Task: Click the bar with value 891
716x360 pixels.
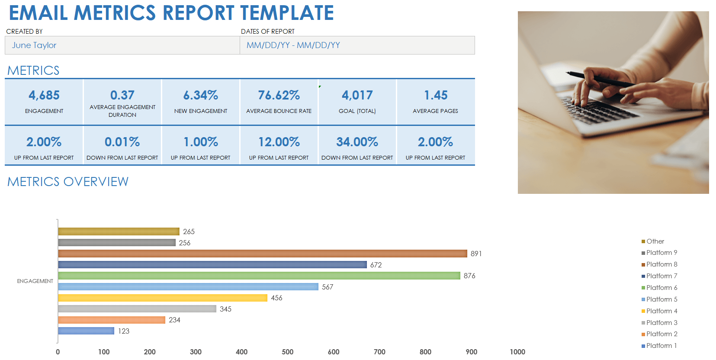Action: [x=263, y=254]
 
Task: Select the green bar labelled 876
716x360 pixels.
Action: [x=259, y=276]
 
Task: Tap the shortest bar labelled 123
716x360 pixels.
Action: [x=86, y=331]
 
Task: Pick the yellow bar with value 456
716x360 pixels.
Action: [x=163, y=298]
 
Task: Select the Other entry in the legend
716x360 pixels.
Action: [x=655, y=241]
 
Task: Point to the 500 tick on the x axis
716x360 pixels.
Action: [x=288, y=352]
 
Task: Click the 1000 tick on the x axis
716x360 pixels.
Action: [x=517, y=352]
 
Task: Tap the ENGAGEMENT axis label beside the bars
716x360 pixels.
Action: [x=35, y=281]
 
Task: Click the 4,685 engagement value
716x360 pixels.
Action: [x=44, y=95]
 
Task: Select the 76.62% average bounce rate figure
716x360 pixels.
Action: [x=279, y=95]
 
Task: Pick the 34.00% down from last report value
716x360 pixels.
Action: [x=357, y=142]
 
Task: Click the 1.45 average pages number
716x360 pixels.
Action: [x=436, y=95]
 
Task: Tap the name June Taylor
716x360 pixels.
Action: [x=34, y=45]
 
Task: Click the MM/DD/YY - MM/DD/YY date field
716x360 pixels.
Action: [x=293, y=45]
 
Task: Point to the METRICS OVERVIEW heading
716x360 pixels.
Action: [x=68, y=182]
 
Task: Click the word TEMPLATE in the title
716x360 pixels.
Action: [x=287, y=13]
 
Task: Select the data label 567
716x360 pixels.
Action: [x=327, y=287]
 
